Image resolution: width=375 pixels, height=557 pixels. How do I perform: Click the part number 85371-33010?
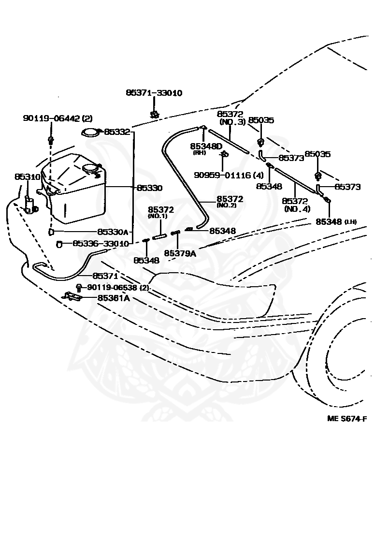click(154, 93)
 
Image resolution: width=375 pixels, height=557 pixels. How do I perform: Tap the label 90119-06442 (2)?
click(58, 118)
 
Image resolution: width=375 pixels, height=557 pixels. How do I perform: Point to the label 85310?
click(28, 177)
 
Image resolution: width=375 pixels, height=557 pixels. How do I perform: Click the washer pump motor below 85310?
click(30, 205)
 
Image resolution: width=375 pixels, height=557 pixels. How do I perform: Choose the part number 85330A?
click(113, 232)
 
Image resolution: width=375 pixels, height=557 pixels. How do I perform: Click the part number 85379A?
click(180, 253)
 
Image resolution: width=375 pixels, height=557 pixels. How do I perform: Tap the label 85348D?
click(206, 146)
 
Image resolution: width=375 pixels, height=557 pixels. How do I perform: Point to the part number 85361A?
click(114, 298)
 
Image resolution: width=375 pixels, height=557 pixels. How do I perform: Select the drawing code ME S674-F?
click(347, 418)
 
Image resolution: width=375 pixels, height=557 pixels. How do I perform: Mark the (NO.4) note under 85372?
click(297, 209)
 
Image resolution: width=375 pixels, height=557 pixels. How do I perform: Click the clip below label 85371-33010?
click(155, 115)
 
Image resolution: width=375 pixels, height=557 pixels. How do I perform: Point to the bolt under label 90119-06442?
click(50, 140)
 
